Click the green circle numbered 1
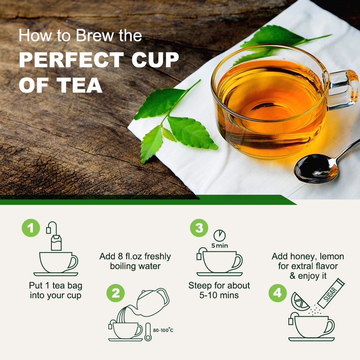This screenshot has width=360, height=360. [x=31, y=228]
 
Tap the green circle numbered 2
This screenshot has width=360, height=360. [x=116, y=294]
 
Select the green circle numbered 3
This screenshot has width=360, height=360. [x=198, y=228]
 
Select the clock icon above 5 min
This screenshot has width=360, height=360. [x=219, y=236]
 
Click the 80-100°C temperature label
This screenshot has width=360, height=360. [x=163, y=330]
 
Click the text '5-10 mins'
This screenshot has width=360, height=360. [x=219, y=296]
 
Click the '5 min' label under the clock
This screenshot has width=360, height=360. [x=219, y=246]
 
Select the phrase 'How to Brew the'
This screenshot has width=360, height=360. [x=80, y=36]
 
